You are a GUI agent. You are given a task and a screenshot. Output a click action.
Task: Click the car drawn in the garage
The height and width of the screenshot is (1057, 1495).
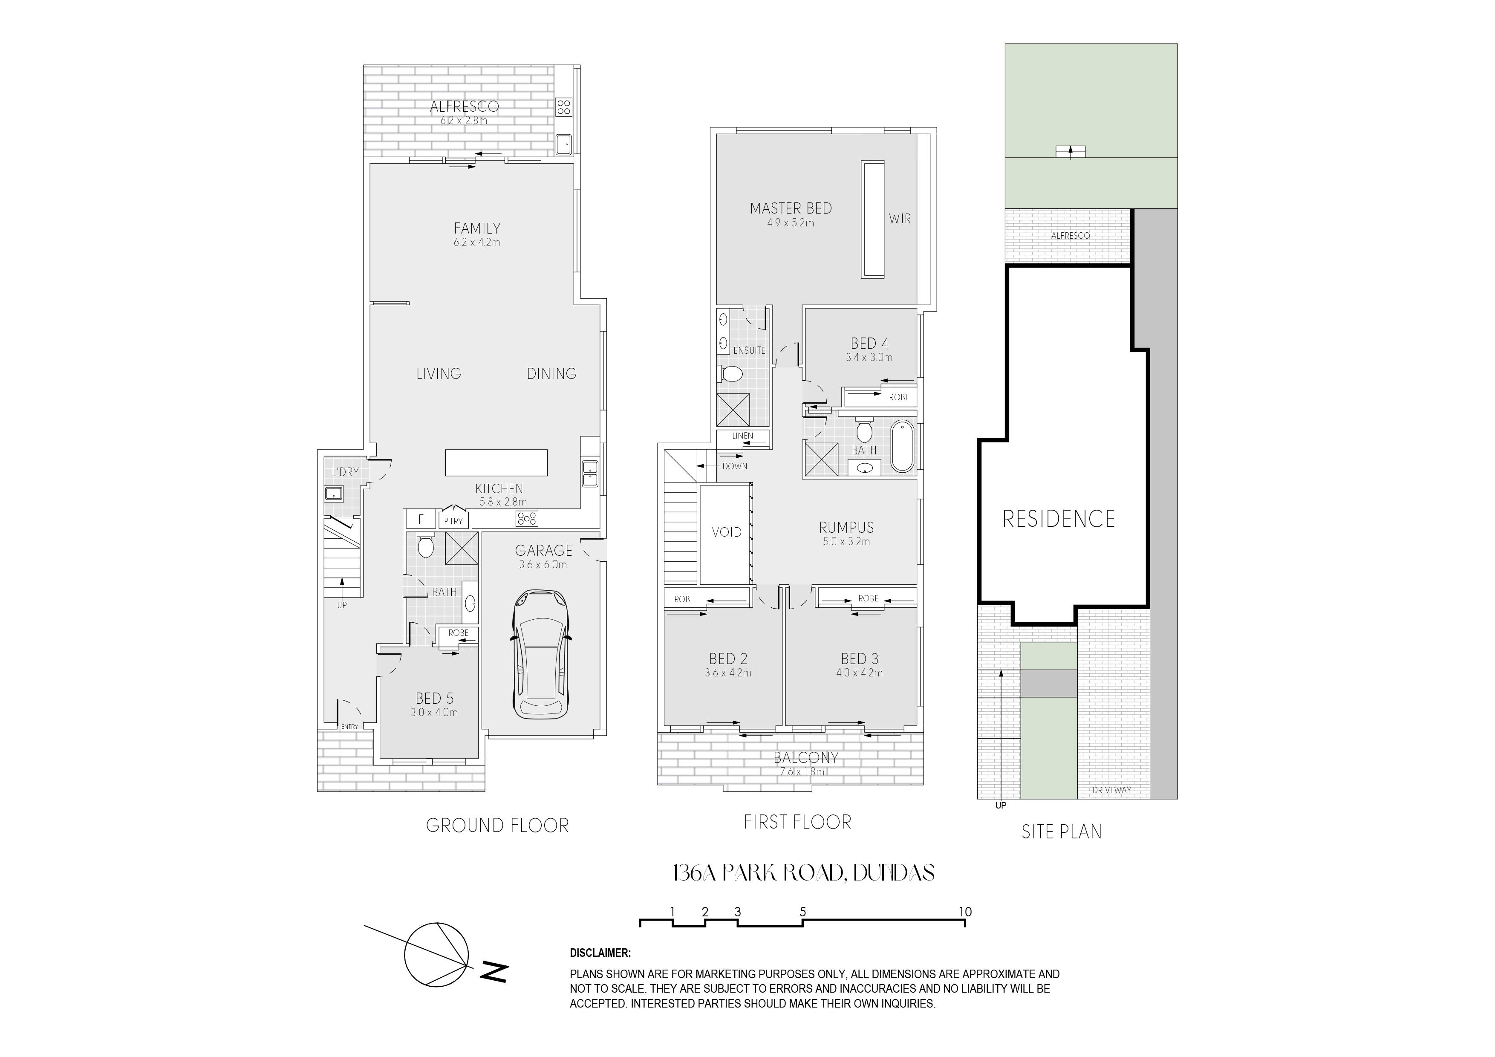point(540,654)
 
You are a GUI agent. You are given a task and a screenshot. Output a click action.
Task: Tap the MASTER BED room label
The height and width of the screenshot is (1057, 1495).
point(791,208)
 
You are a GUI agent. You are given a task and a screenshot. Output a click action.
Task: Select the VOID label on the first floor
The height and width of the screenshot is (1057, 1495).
point(727,532)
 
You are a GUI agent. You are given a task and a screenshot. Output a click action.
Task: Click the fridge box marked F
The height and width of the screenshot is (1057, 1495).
point(421,519)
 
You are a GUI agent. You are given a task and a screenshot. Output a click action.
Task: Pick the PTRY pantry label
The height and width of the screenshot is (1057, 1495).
point(453,521)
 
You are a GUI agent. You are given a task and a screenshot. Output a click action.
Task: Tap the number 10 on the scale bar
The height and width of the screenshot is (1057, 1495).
point(965,912)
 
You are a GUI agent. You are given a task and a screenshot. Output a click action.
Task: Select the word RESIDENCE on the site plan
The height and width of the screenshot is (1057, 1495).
point(1059,519)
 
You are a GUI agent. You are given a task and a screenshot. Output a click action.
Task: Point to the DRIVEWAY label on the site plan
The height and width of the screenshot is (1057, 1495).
point(1111,790)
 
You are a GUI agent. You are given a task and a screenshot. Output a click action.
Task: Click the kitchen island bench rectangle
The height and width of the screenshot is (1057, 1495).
point(496,462)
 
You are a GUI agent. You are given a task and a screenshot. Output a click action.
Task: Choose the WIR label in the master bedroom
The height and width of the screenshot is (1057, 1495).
point(900,219)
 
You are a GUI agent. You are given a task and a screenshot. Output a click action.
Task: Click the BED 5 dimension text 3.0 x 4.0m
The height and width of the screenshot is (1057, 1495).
point(434,713)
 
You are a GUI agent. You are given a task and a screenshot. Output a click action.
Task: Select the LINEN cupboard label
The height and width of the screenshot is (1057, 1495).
point(742,436)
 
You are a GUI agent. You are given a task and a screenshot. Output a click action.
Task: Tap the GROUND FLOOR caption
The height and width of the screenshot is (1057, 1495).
point(497,826)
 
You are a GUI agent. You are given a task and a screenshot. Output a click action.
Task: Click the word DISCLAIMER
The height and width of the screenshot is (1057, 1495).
point(600,953)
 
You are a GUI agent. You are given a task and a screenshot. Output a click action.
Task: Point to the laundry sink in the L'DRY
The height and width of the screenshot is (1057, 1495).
point(335,494)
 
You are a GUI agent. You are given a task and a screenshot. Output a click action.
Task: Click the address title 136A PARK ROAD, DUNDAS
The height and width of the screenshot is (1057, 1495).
point(803,873)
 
